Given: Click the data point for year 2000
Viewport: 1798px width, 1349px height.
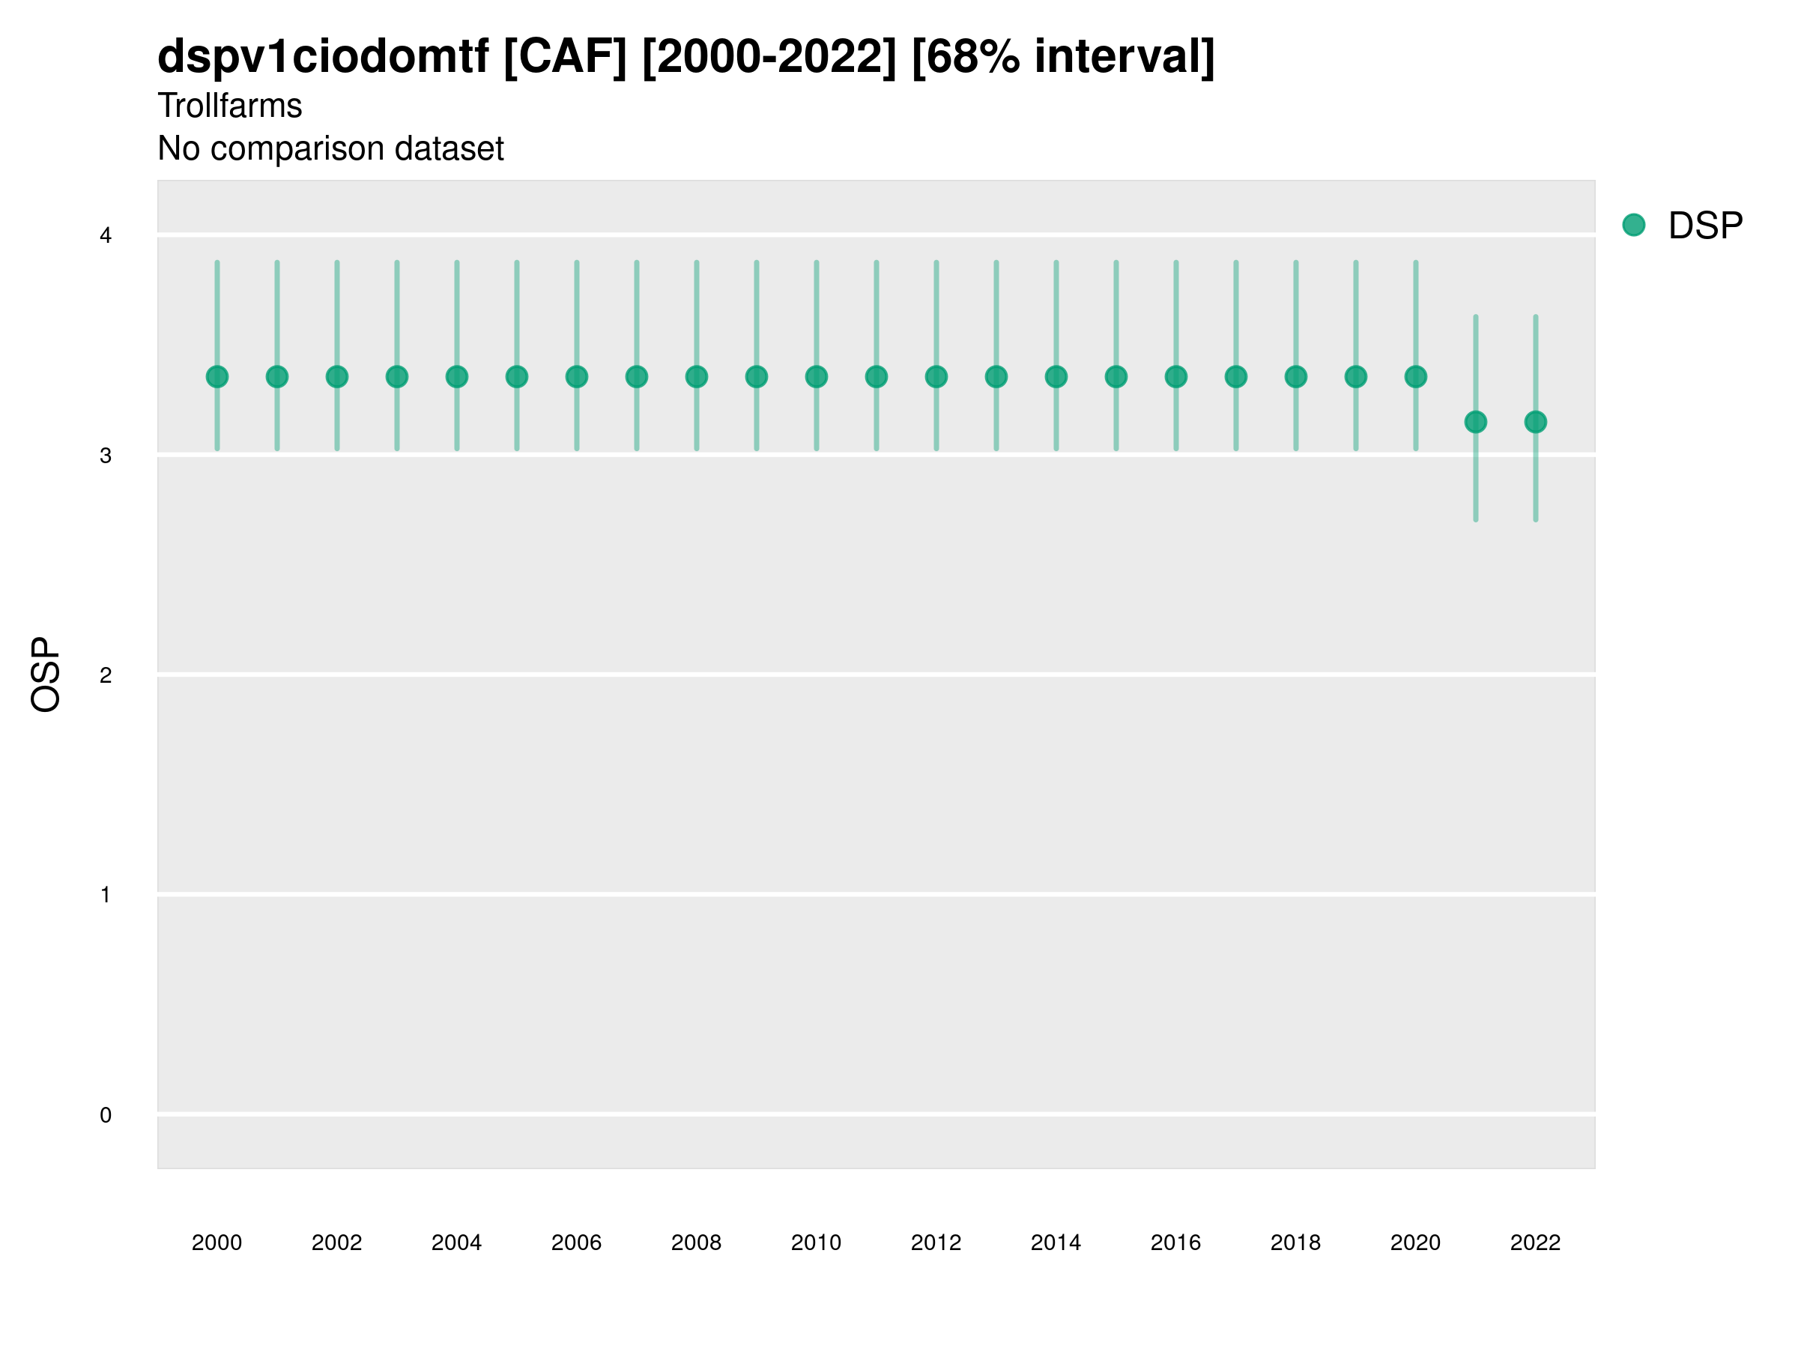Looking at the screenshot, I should [217, 376].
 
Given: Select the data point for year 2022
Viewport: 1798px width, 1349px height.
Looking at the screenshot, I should [1536, 422].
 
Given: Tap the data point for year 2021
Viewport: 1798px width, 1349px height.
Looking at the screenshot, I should [1475, 422].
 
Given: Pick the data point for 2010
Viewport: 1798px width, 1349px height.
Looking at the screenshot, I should [816, 376].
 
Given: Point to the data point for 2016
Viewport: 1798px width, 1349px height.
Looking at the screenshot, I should [1176, 376].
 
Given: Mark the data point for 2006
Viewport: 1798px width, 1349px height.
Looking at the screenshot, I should [576, 376].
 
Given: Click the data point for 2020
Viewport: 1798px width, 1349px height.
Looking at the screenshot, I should [1416, 376].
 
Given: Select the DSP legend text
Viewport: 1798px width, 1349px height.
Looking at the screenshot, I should [1705, 226].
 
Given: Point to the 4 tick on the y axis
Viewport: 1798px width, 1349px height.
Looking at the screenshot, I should [106, 236].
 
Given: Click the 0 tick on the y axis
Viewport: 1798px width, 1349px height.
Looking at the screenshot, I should [106, 1115].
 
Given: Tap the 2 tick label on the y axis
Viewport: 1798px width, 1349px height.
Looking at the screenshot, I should [106, 675].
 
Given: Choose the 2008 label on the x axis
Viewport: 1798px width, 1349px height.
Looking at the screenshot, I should [697, 1243].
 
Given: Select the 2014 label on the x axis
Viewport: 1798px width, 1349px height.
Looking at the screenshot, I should [1056, 1243].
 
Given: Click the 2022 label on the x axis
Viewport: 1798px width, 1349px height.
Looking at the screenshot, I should [1536, 1243].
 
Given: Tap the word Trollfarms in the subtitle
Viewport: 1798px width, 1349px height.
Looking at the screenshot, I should [230, 106].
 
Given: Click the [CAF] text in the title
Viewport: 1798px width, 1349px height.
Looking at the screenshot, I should [565, 57].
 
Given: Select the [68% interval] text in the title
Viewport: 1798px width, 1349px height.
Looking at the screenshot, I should [1062, 57].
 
